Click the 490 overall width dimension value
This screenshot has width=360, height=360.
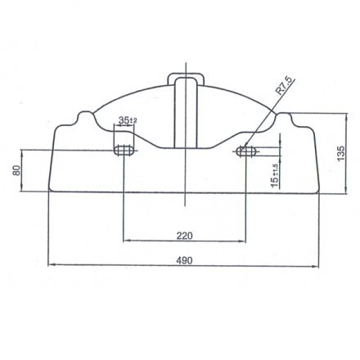tap(184, 260)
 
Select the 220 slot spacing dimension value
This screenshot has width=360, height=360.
tap(184, 236)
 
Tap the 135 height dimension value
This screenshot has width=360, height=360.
tap(340, 153)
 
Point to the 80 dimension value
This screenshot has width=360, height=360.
tap(16, 170)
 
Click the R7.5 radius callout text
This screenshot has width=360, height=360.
tap(284, 86)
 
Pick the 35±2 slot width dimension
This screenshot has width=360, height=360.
tap(128, 120)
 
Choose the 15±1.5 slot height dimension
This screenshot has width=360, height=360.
tap(275, 176)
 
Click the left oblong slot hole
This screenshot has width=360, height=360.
tap(124, 151)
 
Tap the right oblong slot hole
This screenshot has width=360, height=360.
tap(246, 151)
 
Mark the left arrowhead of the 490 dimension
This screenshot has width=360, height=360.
tap(51, 264)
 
